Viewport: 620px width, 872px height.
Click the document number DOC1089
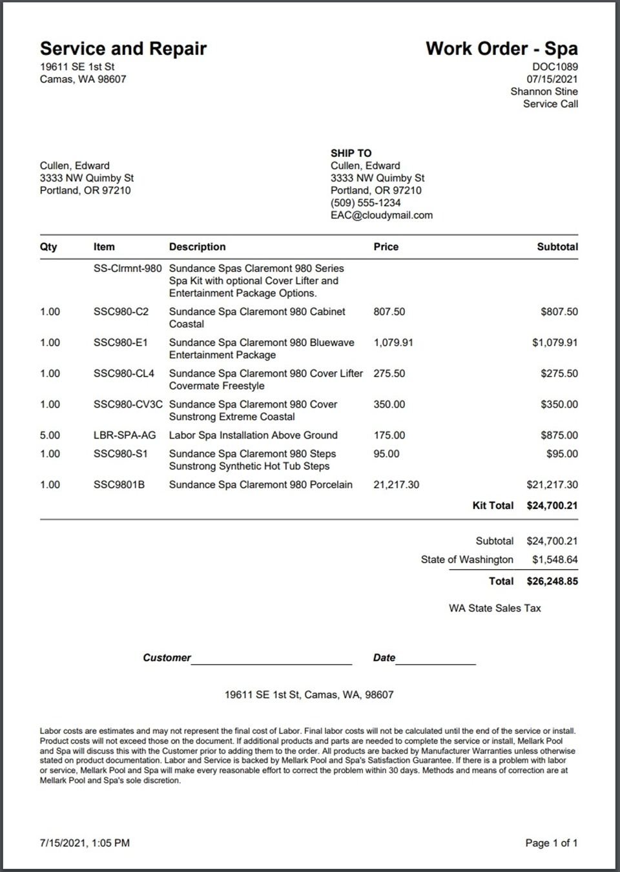point(555,67)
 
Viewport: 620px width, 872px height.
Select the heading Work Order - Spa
point(501,48)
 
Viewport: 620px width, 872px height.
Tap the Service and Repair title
point(123,48)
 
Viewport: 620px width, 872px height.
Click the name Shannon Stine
point(544,91)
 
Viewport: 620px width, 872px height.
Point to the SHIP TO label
point(351,153)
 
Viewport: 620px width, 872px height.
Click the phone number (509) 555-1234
point(366,203)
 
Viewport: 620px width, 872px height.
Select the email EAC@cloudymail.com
point(382,215)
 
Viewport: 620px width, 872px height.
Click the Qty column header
point(48,247)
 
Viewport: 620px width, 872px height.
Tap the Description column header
point(197,247)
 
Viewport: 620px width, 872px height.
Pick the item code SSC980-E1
point(120,342)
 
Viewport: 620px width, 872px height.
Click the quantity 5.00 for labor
point(50,435)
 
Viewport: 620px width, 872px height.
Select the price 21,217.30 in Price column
point(396,484)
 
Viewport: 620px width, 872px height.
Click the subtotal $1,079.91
point(555,342)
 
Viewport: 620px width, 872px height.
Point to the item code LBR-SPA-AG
point(125,435)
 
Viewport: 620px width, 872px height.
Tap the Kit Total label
point(493,505)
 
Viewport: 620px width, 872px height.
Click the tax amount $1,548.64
point(555,559)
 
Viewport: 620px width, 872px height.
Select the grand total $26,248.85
point(552,581)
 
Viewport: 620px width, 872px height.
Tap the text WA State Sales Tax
point(495,608)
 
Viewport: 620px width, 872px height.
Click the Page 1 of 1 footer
point(551,843)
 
